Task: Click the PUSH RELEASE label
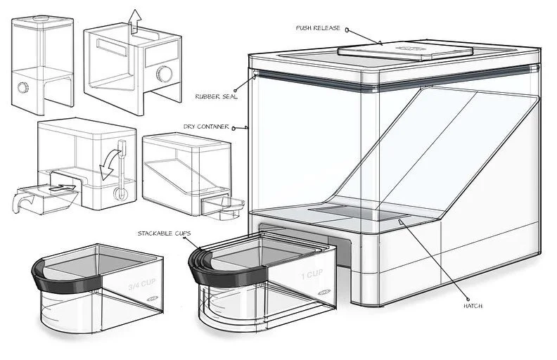tap(319, 28)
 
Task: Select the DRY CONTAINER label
tap(205, 127)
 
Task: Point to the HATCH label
tap(474, 307)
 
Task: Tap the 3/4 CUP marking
tap(141, 286)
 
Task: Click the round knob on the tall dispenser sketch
tap(23, 86)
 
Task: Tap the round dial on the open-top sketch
tap(165, 72)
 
